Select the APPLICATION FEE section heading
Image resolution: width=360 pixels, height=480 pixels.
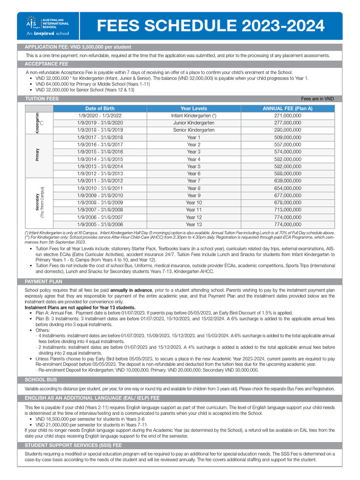coord(78,47)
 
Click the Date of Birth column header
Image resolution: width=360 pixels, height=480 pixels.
coord(100,108)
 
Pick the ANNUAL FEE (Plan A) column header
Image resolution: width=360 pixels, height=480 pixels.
coord(287,108)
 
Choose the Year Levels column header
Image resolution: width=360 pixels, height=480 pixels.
coord(194,108)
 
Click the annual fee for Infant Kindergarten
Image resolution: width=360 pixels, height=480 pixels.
coord(287,115)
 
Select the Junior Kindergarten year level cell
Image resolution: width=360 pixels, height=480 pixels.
coord(194,123)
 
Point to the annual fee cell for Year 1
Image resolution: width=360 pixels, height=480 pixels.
coord(287,137)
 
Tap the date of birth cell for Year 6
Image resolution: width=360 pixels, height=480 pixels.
coord(100,174)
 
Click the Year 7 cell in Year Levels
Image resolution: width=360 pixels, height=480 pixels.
coord(194,181)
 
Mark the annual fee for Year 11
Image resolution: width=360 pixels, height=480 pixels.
coord(287,210)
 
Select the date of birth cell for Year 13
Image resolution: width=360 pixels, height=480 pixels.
coord(100,225)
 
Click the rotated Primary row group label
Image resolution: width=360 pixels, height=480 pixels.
coord(37,156)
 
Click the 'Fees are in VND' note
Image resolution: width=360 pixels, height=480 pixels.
coord(317,99)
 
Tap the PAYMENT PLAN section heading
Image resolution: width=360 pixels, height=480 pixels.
coord(44,281)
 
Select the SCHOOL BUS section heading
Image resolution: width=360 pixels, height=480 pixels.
coord(41,379)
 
